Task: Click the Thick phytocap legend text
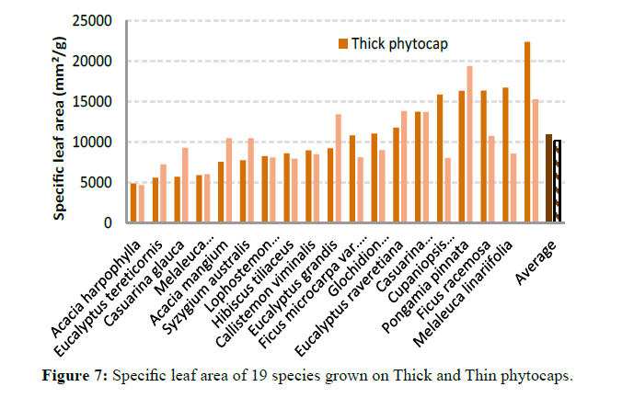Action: click(x=410, y=43)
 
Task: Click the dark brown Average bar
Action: click(x=549, y=178)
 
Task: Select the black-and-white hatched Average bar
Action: click(x=558, y=181)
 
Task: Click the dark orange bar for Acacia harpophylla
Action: click(x=133, y=203)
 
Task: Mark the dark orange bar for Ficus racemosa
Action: click(x=483, y=156)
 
